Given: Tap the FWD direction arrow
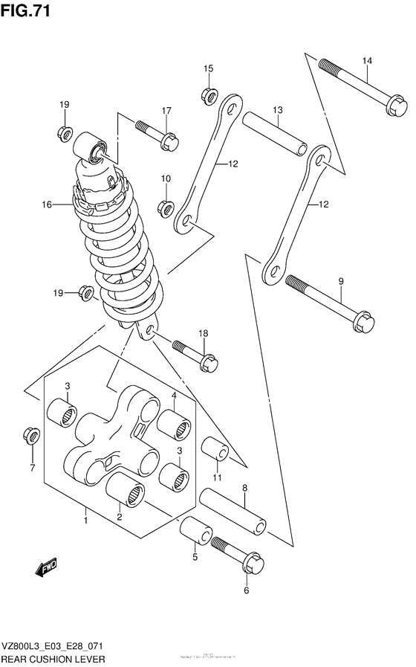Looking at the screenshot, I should click(x=48, y=569).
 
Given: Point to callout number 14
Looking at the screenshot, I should click(x=366, y=60).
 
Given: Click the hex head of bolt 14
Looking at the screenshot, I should click(x=394, y=107).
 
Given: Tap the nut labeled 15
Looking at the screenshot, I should click(x=209, y=95).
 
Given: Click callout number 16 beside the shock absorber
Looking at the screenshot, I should click(x=46, y=204).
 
